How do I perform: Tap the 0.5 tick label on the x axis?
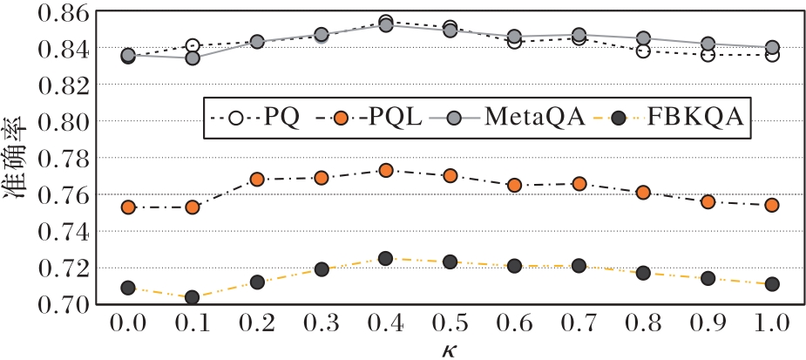[450, 325]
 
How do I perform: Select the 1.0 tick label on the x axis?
[771, 325]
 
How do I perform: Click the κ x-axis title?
[450, 350]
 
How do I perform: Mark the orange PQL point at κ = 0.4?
[385, 171]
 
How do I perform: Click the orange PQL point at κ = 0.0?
[128, 207]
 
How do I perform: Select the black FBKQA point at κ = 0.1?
[193, 298]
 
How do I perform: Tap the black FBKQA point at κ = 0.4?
[385, 259]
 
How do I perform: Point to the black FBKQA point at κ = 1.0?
[771, 284]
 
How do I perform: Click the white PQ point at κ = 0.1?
[193, 46]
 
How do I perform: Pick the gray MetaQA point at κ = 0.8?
[643, 38]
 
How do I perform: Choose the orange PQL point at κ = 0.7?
[579, 184]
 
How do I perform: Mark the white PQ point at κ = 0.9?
[708, 55]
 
